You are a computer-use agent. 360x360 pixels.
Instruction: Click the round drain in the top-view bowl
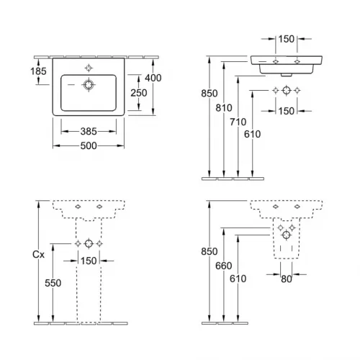click(x=89, y=85)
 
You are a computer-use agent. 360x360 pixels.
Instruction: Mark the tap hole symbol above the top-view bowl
click(x=89, y=68)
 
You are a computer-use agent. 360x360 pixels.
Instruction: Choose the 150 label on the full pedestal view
click(x=89, y=261)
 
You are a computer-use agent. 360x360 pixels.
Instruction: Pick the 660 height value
click(x=225, y=266)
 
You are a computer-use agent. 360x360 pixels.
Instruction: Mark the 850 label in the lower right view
click(x=210, y=252)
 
